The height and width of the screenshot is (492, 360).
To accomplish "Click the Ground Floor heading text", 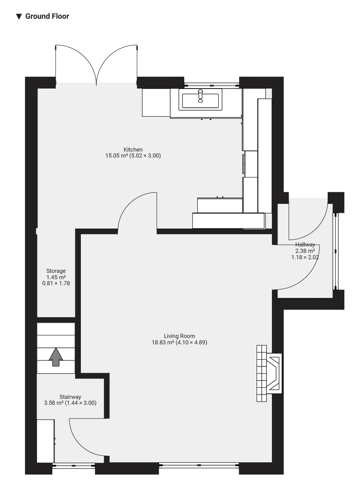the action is click(x=47, y=16).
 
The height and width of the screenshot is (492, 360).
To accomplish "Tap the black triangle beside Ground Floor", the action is click(x=19, y=16).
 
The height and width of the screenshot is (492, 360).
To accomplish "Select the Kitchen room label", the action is click(x=133, y=150).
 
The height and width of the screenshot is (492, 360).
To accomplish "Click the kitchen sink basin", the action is click(x=200, y=102).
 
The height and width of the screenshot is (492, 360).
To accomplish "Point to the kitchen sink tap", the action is click(x=200, y=96).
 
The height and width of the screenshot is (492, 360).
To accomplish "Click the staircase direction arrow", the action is click(x=56, y=357).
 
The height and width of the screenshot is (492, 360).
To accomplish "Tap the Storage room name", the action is click(x=56, y=271).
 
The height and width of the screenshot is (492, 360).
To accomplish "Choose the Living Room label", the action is click(x=180, y=336).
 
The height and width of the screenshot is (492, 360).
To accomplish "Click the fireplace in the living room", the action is click(x=269, y=373).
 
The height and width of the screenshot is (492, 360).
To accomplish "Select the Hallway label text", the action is click(x=305, y=244).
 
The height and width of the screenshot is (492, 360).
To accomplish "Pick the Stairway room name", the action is click(x=70, y=397).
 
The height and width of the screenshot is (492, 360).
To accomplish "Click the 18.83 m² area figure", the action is click(x=163, y=342).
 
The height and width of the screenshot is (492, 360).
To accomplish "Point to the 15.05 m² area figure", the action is click(x=116, y=156).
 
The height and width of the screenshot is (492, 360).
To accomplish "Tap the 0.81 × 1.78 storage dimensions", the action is click(x=56, y=283).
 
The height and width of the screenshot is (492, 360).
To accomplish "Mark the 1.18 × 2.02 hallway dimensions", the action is click(x=305, y=257).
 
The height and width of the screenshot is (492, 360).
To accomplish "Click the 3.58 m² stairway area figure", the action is click(x=54, y=403).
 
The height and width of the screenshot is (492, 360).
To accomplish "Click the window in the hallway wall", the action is click(x=336, y=252).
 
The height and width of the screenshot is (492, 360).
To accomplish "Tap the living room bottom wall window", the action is click(x=199, y=465).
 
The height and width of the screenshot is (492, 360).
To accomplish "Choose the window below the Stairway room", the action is click(x=74, y=466).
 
